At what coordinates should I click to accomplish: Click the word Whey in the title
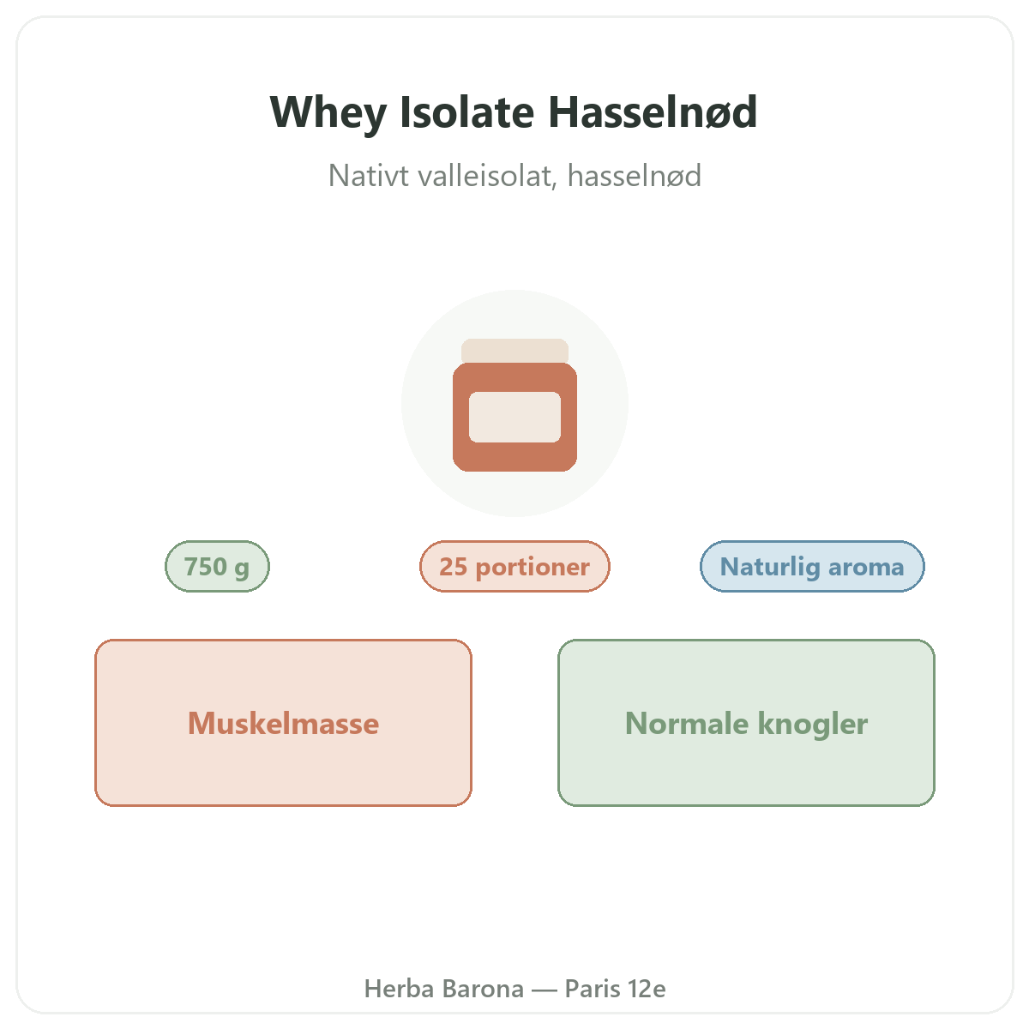point(328,113)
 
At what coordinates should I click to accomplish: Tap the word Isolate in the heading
point(466,112)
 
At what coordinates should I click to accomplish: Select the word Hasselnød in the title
point(653,112)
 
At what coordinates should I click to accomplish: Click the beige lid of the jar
point(514,351)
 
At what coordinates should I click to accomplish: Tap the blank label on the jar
point(514,417)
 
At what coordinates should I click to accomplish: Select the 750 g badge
point(217,567)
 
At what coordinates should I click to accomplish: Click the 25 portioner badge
point(514,567)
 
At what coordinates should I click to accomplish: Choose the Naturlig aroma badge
point(812,567)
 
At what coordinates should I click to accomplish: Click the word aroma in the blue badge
point(866,568)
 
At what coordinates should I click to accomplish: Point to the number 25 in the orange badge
point(454,567)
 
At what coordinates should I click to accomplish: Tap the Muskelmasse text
point(284,724)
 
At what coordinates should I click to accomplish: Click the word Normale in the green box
point(687,724)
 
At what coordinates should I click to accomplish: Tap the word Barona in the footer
point(484,989)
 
